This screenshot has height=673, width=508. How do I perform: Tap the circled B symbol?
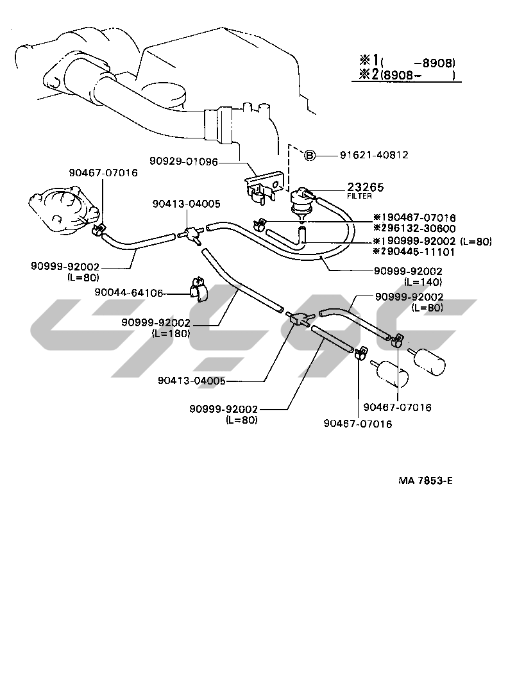pos(309,155)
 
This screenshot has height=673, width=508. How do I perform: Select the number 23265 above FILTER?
pos(365,187)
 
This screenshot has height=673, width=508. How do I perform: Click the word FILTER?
pos(360,196)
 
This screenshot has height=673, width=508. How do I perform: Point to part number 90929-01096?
pos(185,163)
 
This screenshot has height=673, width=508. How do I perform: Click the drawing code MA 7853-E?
pos(425,480)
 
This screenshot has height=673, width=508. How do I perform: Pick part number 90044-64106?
pos(128,292)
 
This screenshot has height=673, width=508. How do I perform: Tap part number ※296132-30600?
pos(414,228)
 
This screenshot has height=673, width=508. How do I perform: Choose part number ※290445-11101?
pos(414,251)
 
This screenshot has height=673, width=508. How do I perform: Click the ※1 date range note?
pos(407,62)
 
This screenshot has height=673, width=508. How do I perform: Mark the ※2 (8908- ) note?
pos(407,76)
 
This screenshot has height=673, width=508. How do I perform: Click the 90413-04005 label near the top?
pos(187,204)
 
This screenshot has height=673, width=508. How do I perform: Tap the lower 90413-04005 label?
pos(191,381)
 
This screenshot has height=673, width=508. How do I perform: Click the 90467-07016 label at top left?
pos(103,172)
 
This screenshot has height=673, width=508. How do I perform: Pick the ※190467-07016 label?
pos(414,218)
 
